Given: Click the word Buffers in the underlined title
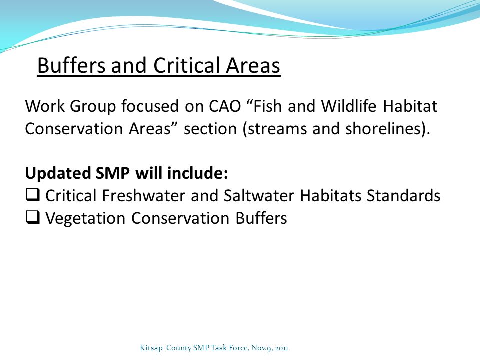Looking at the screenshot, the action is point(71,65).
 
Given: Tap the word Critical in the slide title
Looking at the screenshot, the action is point(186,65).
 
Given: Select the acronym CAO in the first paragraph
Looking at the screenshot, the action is point(225,106).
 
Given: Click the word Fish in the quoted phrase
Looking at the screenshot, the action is point(267,106).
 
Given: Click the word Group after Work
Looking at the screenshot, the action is point(93,107).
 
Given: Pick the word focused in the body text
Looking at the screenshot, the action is point(150,106).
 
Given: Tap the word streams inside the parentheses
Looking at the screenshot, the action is point(277,129).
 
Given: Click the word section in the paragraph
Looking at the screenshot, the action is point(210,128).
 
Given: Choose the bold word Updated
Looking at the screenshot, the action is point(58,173).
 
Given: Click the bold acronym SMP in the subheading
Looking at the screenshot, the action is point(113,173).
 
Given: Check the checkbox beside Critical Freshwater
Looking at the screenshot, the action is point(33,195).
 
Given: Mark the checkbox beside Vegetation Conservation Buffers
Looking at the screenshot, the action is point(33,217).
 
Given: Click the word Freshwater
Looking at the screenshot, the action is point(144,196).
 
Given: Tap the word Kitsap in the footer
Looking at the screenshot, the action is point(151,348).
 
